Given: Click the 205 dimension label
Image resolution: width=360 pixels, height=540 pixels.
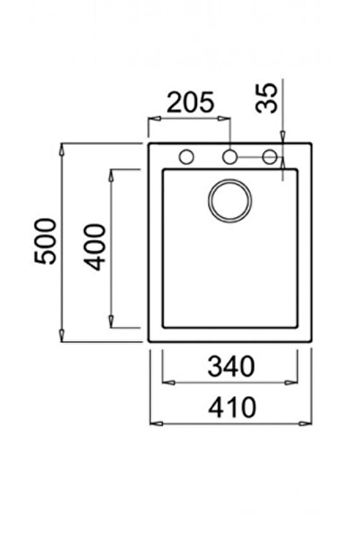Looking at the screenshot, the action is click(191, 103).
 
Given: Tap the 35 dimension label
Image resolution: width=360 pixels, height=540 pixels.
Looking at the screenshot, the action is click(266, 98).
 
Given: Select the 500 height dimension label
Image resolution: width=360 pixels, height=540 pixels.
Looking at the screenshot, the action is click(45, 241).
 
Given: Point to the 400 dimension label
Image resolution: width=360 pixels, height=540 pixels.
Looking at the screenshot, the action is click(94, 247).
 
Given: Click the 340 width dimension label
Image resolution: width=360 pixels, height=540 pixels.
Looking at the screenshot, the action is click(231, 366).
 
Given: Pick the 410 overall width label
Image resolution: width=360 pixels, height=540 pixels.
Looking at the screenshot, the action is click(232, 408).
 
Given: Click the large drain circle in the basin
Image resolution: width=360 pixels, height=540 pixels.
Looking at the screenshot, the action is click(229, 201).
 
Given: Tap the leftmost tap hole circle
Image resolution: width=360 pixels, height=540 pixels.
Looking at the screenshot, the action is click(186, 157).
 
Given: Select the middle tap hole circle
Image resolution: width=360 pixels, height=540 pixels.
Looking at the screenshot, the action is click(229, 157).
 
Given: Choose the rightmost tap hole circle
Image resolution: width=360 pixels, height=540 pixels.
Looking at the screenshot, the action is click(270, 157).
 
